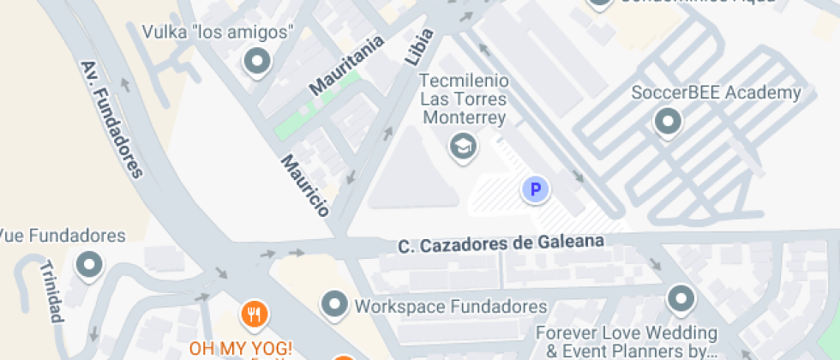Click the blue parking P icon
(x=536, y=189)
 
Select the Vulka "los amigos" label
(x=219, y=32)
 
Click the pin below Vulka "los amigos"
(x=255, y=62)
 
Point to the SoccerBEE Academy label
(x=716, y=93)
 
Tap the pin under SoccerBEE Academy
(x=668, y=123)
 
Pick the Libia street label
(x=418, y=48)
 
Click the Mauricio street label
(x=305, y=185)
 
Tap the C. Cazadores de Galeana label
(x=501, y=244)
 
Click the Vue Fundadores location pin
(x=88, y=266)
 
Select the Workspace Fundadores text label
(x=451, y=306)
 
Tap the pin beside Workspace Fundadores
(x=333, y=303)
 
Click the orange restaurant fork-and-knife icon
(x=253, y=314)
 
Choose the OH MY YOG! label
(x=241, y=349)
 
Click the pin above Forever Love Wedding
(x=681, y=299)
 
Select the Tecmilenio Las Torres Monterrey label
(x=464, y=99)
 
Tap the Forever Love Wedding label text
(x=626, y=340)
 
